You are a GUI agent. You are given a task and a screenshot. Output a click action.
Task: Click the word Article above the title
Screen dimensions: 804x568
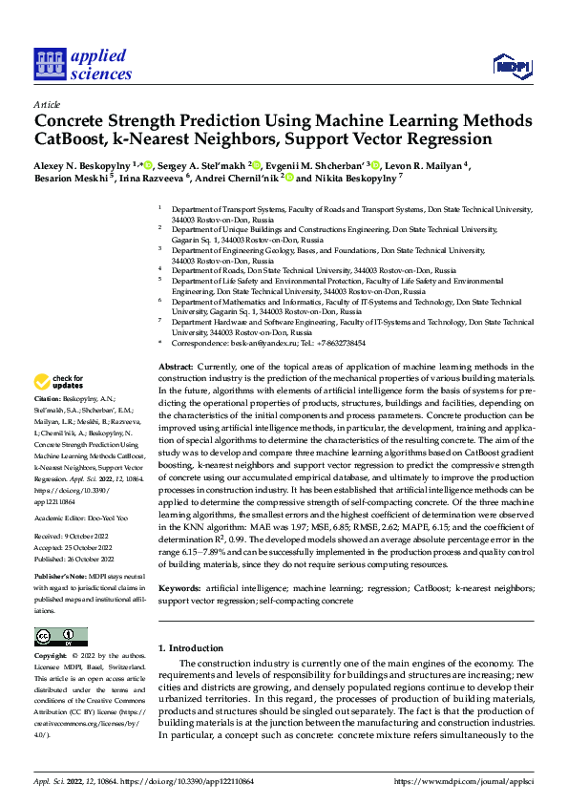pyautogui.click(x=47, y=104)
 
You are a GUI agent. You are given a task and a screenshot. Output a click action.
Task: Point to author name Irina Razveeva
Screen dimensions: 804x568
pyautogui.click(x=153, y=178)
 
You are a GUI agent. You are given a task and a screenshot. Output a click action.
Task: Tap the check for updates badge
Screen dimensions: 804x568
pyautogui.click(x=60, y=382)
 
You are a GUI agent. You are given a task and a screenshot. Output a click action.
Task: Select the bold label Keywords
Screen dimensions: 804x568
pyautogui.click(x=184, y=589)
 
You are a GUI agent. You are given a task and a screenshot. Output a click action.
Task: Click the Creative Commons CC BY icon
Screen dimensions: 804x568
pyautogui.click(x=60, y=636)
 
